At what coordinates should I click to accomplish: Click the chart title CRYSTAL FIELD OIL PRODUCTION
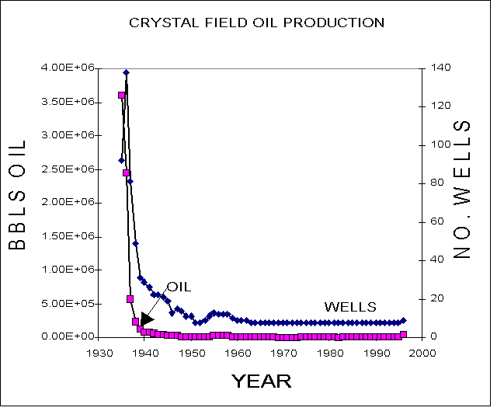(x=257, y=23)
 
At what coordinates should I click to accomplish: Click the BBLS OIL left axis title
(x=17, y=195)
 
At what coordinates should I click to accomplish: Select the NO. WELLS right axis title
(x=461, y=190)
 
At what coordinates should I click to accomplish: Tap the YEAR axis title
(x=261, y=381)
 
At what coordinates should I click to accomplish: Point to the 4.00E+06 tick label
(x=68, y=68)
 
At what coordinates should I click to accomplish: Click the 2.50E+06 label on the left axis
(x=68, y=169)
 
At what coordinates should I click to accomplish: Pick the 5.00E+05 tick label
(x=68, y=304)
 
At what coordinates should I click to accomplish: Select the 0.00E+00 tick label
(x=68, y=336)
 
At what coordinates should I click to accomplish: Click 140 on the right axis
(x=440, y=68)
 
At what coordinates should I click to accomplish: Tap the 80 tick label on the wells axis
(x=437, y=183)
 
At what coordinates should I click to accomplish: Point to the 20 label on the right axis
(x=437, y=298)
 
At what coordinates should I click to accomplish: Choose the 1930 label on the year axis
(x=100, y=354)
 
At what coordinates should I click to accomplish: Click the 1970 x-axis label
(x=284, y=354)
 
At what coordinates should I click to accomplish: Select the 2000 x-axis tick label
(x=422, y=354)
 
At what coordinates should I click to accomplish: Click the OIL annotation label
(x=179, y=287)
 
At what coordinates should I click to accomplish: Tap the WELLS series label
(x=350, y=307)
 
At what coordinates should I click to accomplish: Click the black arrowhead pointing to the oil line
(x=147, y=319)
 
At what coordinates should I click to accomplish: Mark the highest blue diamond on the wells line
(x=126, y=72)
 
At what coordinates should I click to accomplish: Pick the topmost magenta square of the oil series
(x=121, y=95)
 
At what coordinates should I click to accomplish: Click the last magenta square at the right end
(x=404, y=335)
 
